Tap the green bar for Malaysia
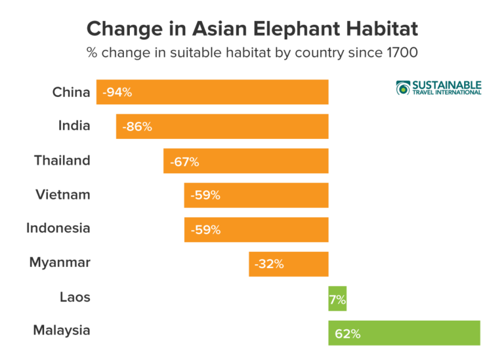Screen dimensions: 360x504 tap(404, 332)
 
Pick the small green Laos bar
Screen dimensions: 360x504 tap(337, 298)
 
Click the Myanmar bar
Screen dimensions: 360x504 tap(289, 264)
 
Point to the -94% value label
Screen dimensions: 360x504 tap(117, 92)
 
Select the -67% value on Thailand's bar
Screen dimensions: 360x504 tap(184, 161)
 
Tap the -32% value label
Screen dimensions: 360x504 tap(269, 264)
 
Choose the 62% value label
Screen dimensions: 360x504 tap(347, 333)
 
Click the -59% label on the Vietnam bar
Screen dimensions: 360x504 tap(205, 195)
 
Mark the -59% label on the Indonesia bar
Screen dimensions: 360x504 tap(205, 230)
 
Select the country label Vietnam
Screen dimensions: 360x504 tap(63, 195)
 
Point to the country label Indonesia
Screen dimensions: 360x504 tap(58, 229)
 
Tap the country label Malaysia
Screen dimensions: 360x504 tap(61, 330)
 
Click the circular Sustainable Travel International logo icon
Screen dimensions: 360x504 tap(403, 88)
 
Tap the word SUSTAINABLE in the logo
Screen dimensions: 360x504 tap(447, 85)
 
